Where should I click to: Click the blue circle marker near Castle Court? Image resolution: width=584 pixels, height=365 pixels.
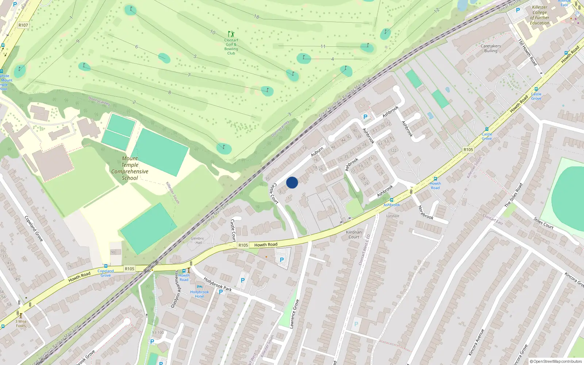click(292, 182)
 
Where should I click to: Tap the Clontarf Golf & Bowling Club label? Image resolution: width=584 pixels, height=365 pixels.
click(231, 47)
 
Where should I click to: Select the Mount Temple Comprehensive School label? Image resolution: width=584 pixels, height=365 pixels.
click(130, 168)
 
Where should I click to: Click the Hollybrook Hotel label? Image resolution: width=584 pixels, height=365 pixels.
click(199, 294)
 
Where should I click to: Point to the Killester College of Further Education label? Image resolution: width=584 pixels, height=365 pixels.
click(539, 15)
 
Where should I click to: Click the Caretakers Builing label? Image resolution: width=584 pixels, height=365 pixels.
click(491, 49)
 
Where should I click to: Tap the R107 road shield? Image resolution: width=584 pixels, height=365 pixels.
click(23, 25)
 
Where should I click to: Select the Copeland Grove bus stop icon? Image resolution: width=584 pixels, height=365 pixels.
click(106, 266)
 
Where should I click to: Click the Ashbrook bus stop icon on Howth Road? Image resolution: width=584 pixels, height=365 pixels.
click(392, 200)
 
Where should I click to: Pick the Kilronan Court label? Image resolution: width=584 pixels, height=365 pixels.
click(354, 234)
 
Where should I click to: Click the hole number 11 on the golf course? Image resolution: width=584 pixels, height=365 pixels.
click(323, 46)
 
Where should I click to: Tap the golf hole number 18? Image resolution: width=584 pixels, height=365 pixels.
click(257, 16)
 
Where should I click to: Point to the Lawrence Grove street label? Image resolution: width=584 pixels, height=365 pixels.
click(294, 314)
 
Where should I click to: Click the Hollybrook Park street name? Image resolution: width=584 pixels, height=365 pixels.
click(218, 284)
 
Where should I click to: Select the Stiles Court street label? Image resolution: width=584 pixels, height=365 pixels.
click(543, 223)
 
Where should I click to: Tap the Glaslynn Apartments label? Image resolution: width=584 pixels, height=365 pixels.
click(175, 289)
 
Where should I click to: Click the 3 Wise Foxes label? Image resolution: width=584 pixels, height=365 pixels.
click(21, 324)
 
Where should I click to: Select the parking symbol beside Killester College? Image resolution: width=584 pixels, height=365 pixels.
click(518, 10)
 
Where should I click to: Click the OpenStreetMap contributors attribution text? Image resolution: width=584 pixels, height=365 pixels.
click(556, 361)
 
